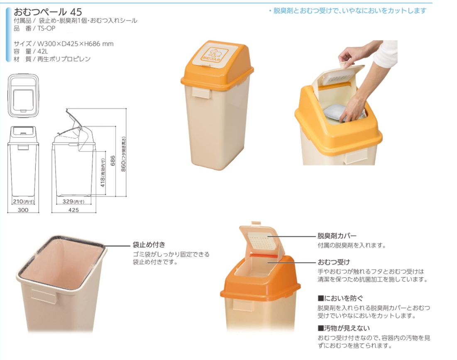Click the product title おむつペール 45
click(x=48, y=12)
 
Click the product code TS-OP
click(x=46, y=28)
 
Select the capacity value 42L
click(x=43, y=51)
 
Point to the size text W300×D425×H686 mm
click(x=76, y=44)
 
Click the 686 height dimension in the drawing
click(x=113, y=161)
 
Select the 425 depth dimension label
click(x=73, y=210)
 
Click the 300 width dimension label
click(x=23, y=210)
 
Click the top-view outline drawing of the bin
click(x=23, y=95)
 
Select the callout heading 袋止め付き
click(x=149, y=244)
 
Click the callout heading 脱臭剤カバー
click(x=337, y=236)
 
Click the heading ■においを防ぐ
click(x=340, y=298)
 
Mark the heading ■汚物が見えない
click(x=344, y=328)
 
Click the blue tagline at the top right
click(x=348, y=11)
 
